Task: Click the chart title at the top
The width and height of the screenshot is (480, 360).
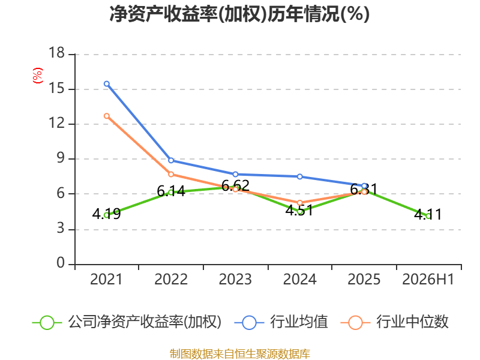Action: click(239, 14)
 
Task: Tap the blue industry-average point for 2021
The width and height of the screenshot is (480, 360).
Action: click(107, 84)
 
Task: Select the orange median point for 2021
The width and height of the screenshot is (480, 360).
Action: click(107, 116)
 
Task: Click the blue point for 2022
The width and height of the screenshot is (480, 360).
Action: click(171, 160)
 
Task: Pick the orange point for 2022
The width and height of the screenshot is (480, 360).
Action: click(171, 175)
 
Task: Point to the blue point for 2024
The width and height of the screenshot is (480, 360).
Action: click(299, 176)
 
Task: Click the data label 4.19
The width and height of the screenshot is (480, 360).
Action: click(106, 214)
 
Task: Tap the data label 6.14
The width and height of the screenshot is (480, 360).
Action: click(171, 191)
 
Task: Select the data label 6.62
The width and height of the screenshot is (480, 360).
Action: click(235, 185)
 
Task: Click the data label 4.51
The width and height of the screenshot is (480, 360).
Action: click(299, 211)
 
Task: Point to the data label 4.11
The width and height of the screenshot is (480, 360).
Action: click(428, 214)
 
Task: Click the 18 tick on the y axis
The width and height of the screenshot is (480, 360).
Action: click(56, 53)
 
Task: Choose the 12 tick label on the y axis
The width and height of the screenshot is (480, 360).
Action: click(56, 123)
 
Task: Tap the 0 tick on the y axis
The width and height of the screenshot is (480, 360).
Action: click(61, 263)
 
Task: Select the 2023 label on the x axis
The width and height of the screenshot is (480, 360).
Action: click(235, 280)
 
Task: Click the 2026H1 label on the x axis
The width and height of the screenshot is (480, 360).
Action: click(428, 280)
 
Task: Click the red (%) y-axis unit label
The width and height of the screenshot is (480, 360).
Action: click(38, 76)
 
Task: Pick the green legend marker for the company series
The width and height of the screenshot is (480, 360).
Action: click(47, 323)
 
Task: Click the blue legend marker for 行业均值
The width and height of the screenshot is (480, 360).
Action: click(249, 323)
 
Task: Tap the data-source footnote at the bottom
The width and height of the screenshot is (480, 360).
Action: click(240, 354)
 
